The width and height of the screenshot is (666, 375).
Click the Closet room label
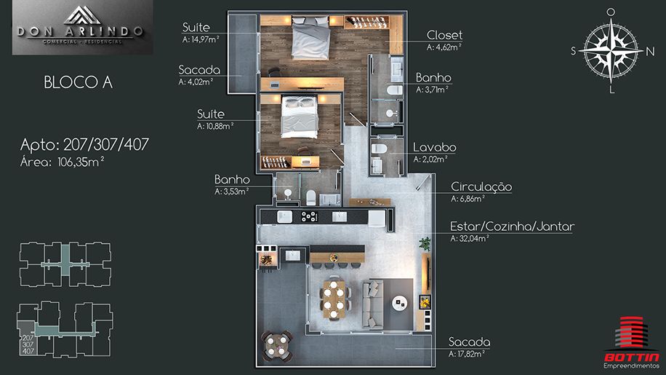[x=444, y=35]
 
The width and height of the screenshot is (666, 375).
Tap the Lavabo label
[x=435, y=148]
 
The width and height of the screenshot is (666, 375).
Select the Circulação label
[x=481, y=186]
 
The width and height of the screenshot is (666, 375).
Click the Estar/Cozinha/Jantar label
[x=513, y=226]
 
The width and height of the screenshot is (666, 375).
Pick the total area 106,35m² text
[x=81, y=162]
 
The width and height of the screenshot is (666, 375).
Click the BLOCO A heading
[x=78, y=82]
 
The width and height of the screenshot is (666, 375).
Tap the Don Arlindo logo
[x=82, y=27]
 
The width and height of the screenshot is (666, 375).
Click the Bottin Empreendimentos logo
[x=632, y=343]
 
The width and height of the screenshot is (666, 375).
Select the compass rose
[x=611, y=50]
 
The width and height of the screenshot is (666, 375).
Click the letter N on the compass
[x=650, y=52]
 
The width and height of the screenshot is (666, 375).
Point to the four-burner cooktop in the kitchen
[x=309, y=216]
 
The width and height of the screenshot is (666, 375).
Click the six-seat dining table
[x=334, y=299]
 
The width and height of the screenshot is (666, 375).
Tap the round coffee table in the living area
[x=400, y=303]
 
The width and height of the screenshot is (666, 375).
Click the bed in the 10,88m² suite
[x=300, y=117]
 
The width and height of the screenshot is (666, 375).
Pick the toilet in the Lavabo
[x=380, y=149]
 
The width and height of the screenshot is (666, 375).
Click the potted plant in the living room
[x=425, y=244]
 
